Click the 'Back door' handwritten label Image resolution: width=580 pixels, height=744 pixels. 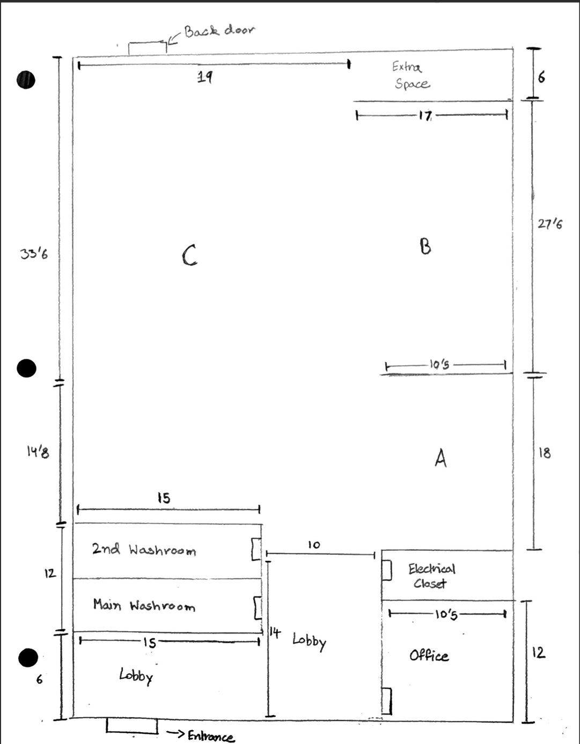[219, 31]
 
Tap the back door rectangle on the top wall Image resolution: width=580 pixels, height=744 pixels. [147, 48]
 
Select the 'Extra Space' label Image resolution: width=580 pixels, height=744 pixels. [411, 75]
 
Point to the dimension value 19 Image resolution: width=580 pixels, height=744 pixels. [204, 77]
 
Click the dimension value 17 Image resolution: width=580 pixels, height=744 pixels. [425, 115]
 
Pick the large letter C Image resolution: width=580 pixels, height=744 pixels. [189, 255]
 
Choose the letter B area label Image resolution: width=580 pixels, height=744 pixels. [425, 246]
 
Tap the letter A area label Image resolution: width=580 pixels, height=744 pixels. [440, 458]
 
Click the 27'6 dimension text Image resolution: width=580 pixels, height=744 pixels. [550, 224]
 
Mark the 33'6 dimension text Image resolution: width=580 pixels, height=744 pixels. [34, 253]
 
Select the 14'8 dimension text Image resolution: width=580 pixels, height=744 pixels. [38, 452]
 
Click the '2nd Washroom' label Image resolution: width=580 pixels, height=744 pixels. [144, 550]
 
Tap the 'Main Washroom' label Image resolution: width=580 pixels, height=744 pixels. [144, 606]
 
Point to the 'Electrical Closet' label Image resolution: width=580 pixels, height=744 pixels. [431, 576]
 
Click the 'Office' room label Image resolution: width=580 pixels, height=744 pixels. [429, 655]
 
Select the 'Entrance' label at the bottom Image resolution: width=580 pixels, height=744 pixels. [211, 736]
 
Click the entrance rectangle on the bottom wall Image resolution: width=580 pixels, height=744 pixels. [132, 726]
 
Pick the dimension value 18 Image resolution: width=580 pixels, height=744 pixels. [545, 453]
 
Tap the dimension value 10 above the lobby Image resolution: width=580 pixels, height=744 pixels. [314, 545]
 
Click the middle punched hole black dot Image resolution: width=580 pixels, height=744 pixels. [26, 369]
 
